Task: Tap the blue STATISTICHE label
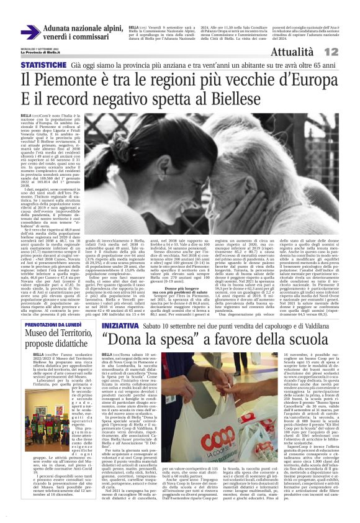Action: [x=43, y=65]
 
